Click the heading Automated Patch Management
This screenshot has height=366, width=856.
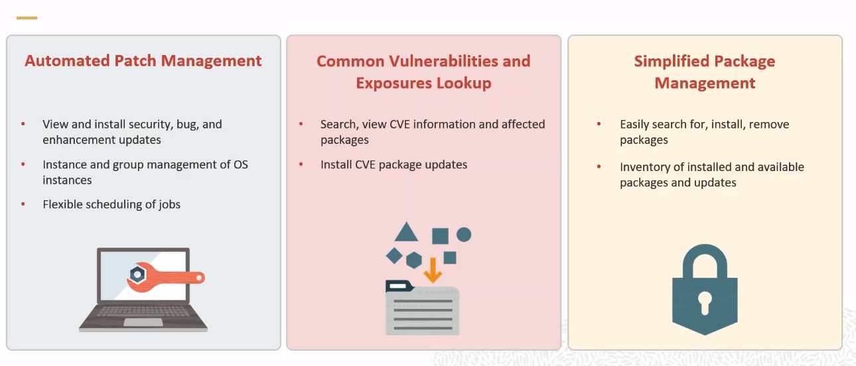(143, 61)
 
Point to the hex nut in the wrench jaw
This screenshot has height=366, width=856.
(137, 274)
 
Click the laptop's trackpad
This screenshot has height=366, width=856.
(143, 322)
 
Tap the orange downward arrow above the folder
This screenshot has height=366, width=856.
(433, 270)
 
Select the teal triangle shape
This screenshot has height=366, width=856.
(406, 233)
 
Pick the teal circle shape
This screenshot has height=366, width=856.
(464, 235)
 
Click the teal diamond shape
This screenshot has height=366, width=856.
(394, 256)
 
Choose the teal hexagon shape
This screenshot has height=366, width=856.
(413, 261)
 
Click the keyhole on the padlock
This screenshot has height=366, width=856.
(705, 303)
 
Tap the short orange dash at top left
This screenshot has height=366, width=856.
(27, 17)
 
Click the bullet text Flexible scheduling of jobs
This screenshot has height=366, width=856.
(111, 205)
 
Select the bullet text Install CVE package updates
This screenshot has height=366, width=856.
(393, 164)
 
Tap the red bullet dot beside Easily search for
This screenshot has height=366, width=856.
(599, 123)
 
